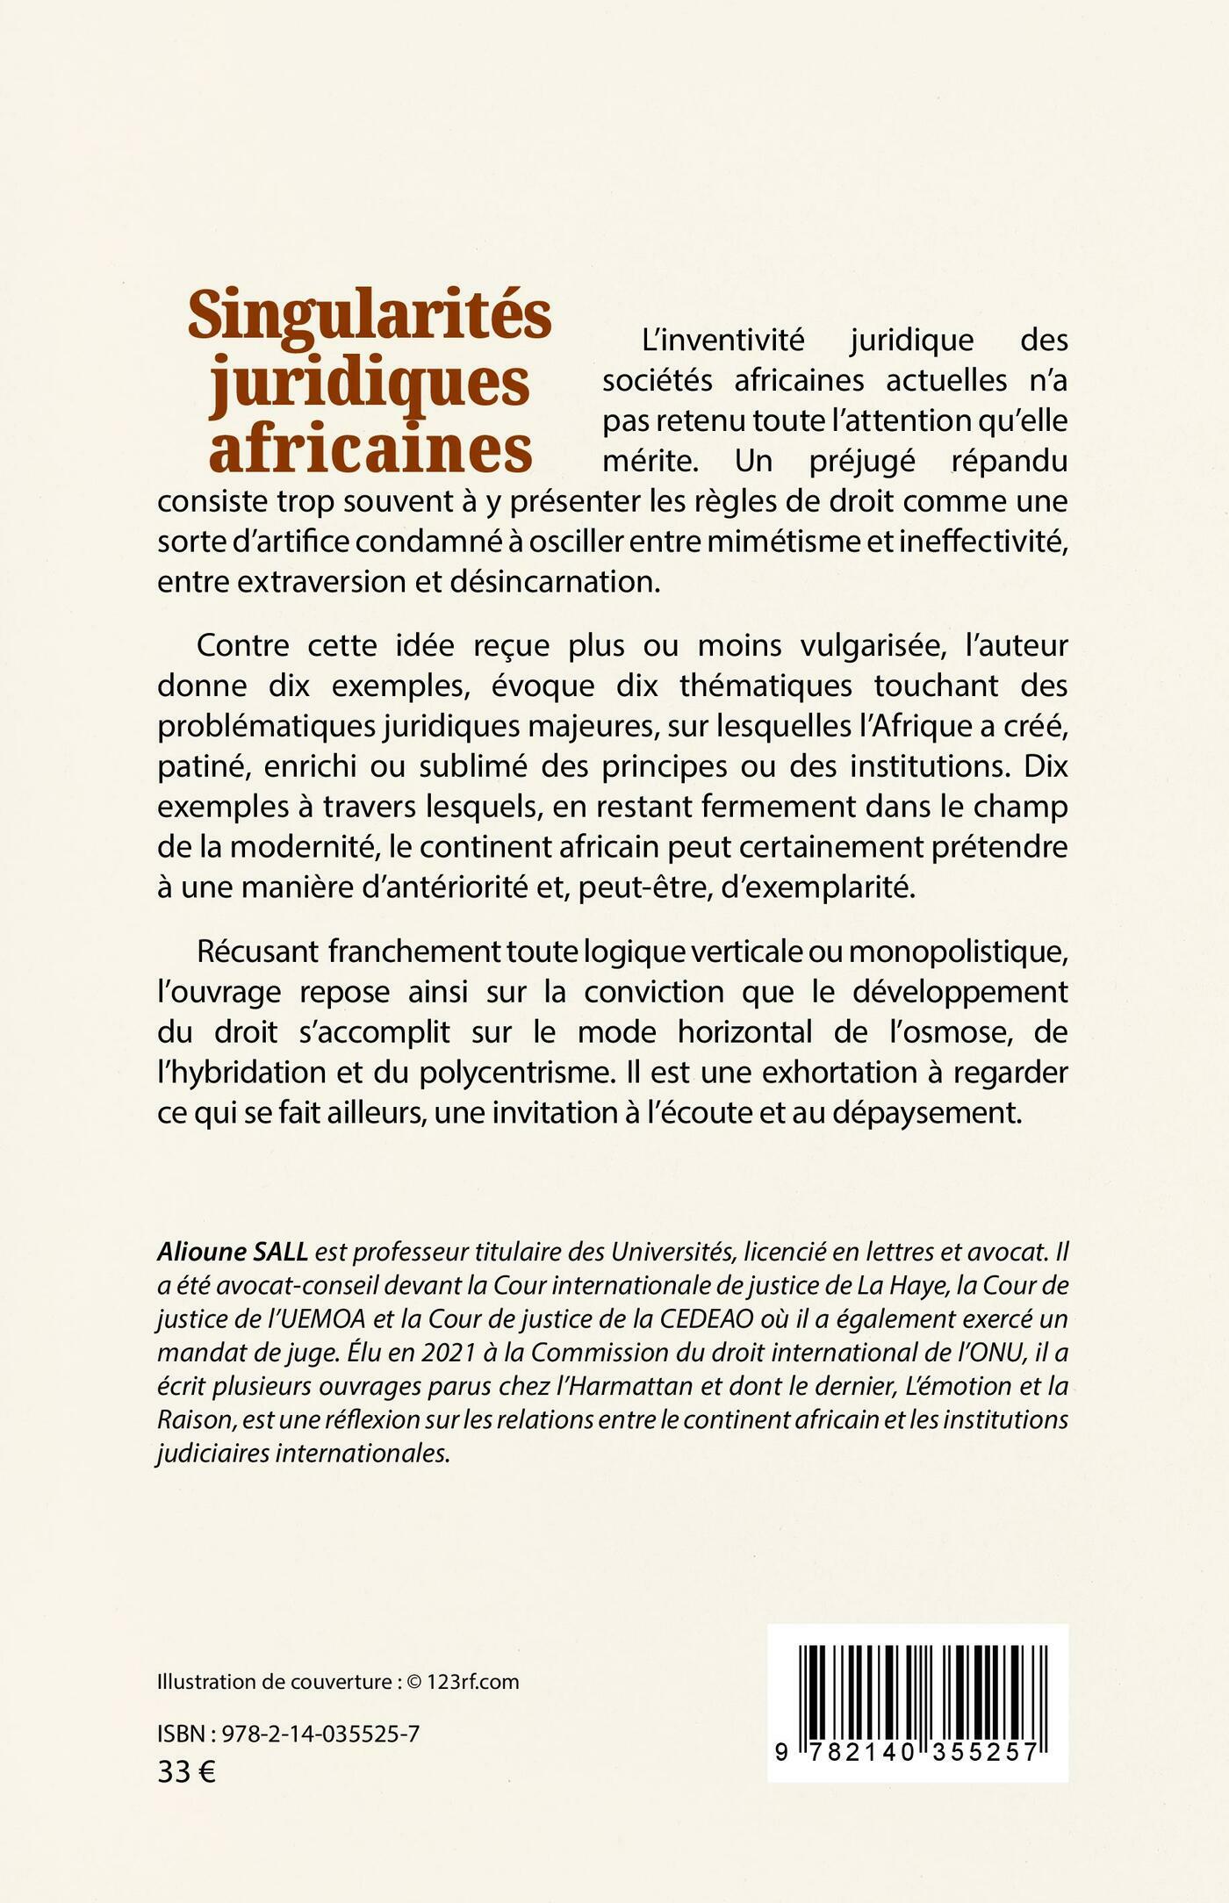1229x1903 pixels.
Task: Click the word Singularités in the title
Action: tap(370, 316)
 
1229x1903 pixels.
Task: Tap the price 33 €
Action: tap(186, 1772)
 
